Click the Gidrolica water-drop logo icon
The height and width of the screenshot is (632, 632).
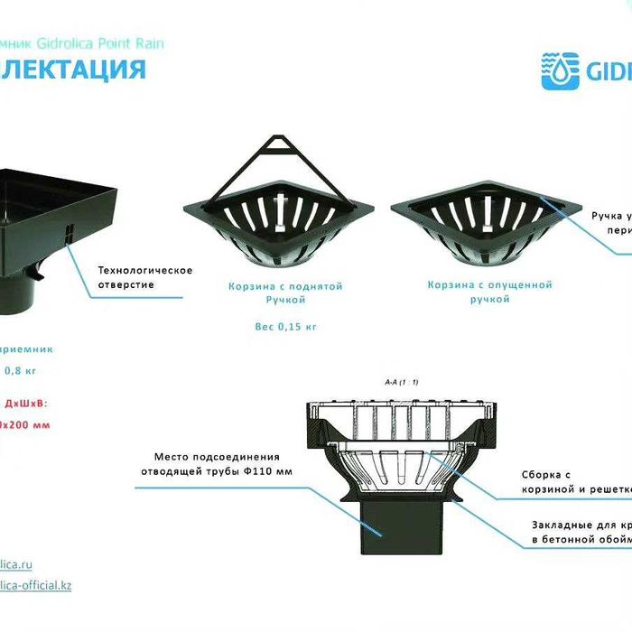560,70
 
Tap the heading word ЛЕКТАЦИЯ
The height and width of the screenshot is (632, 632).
72,70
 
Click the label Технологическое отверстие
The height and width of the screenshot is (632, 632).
144,277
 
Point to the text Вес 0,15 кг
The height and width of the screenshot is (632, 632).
286,327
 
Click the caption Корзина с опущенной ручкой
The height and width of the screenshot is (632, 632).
488,291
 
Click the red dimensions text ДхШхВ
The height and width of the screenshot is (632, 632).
27,404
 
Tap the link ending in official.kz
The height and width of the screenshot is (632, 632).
36,585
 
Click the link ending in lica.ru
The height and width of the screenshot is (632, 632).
16,564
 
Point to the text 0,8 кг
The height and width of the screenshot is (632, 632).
21,370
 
